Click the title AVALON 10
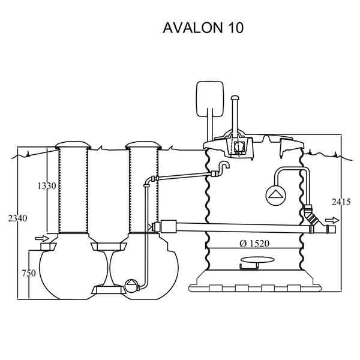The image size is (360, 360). pyautogui.click(x=203, y=28)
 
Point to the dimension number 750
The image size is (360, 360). pyautogui.click(x=28, y=273)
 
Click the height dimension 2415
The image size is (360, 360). pyautogui.click(x=340, y=202)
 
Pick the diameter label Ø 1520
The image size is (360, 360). pyautogui.click(x=254, y=243)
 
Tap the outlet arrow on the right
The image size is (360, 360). pyautogui.click(x=329, y=220)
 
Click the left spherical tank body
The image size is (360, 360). pyautogui.click(x=66, y=273)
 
